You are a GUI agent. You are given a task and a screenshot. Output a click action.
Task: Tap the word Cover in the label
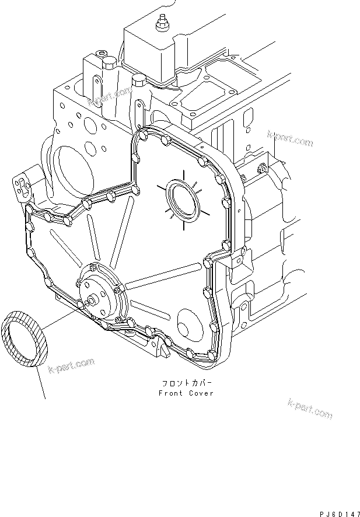point(201,393)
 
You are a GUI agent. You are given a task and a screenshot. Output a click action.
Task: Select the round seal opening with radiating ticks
point(182,199)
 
